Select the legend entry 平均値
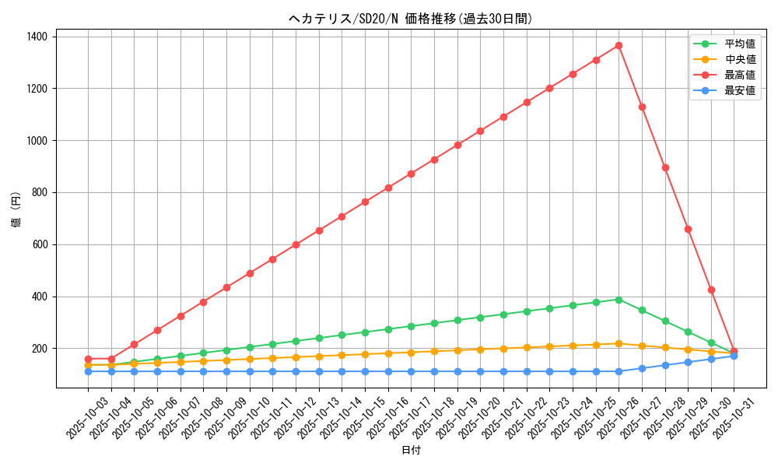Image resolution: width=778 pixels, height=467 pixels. (x=740, y=44)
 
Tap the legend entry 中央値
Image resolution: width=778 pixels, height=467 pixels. (x=740, y=59)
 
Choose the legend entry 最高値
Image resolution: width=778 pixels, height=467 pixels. (x=740, y=75)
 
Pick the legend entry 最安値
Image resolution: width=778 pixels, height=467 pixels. (x=740, y=90)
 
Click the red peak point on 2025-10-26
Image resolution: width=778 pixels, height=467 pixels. (x=619, y=45)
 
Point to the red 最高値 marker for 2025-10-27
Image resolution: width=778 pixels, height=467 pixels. (x=642, y=107)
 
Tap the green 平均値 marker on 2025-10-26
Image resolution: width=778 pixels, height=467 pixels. (x=619, y=300)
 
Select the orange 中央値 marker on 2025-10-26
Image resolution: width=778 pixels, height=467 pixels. (x=619, y=343)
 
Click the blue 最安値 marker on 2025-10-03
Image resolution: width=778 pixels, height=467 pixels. (x=88, y=371)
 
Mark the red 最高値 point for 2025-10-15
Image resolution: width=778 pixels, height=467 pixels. (x=365, y=202)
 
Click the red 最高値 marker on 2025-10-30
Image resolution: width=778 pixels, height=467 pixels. (x=711, y=290)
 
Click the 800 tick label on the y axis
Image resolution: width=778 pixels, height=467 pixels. (x=39, y=192)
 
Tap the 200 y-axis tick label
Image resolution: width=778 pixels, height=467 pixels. (x=39, y=349)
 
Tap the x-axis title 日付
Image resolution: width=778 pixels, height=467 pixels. (x=411, y=451)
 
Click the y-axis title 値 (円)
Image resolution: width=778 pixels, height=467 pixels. (x=16, y=209)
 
